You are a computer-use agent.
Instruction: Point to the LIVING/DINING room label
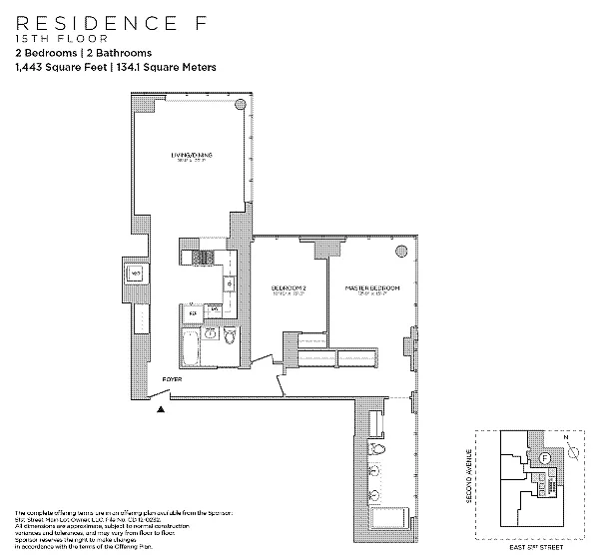191,156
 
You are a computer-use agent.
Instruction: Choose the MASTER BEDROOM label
372,288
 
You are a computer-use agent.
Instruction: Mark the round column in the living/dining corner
240,105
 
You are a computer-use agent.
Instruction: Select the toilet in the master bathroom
375,472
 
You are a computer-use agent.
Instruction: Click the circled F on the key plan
545,458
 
